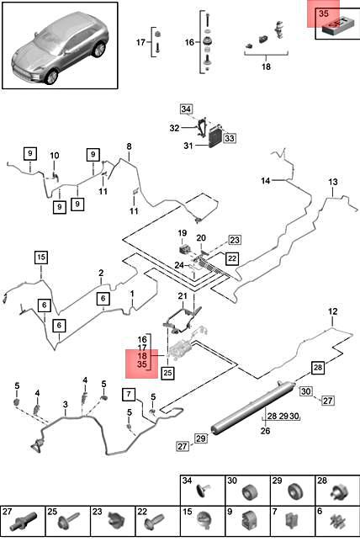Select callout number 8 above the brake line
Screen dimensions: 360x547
tap(129, 146)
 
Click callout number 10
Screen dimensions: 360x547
tap(55, 156)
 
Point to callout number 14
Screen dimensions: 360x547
tap(266, 181)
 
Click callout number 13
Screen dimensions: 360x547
tap(333, 182)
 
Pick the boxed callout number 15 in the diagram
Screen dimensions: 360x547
tap(41, 258)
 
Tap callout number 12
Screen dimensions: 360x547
tap(333, 311)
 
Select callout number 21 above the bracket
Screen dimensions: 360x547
tap(183, 296)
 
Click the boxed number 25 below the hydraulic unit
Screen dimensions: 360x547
tap(167, 373)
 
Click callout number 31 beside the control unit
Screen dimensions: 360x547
tap(188, 146)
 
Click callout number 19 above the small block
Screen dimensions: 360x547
tap(183, 232)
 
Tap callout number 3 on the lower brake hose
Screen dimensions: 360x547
tap(66, 405)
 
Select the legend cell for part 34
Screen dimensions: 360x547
tap(203, 490)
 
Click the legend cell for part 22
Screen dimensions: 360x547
tap(157, 521)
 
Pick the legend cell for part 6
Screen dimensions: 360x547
tap(337, 521)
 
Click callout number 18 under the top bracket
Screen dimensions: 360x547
tap(266, 66)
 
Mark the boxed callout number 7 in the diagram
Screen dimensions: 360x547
tap(129, 395)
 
